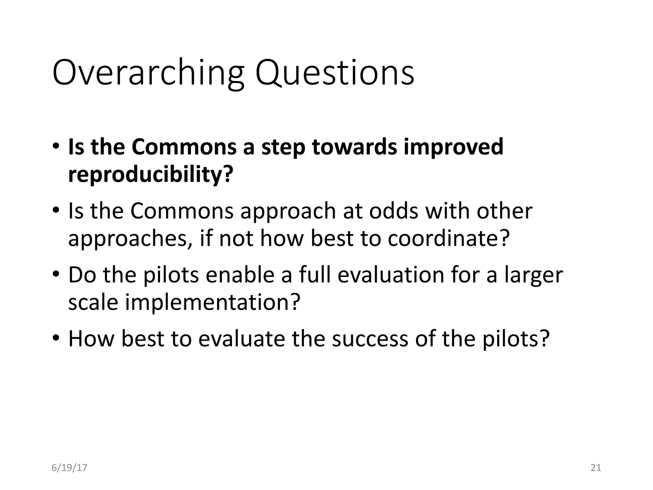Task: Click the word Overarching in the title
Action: click(148, 73)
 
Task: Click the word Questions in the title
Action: click(335, 73)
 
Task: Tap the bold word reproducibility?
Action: click(151, 175)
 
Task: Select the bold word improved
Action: click(453, 147)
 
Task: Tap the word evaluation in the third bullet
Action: click(391, 275)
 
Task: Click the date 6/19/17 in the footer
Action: click(69, 468)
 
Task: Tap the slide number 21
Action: click(596, 468)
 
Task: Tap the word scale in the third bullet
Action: click(93, 302)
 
